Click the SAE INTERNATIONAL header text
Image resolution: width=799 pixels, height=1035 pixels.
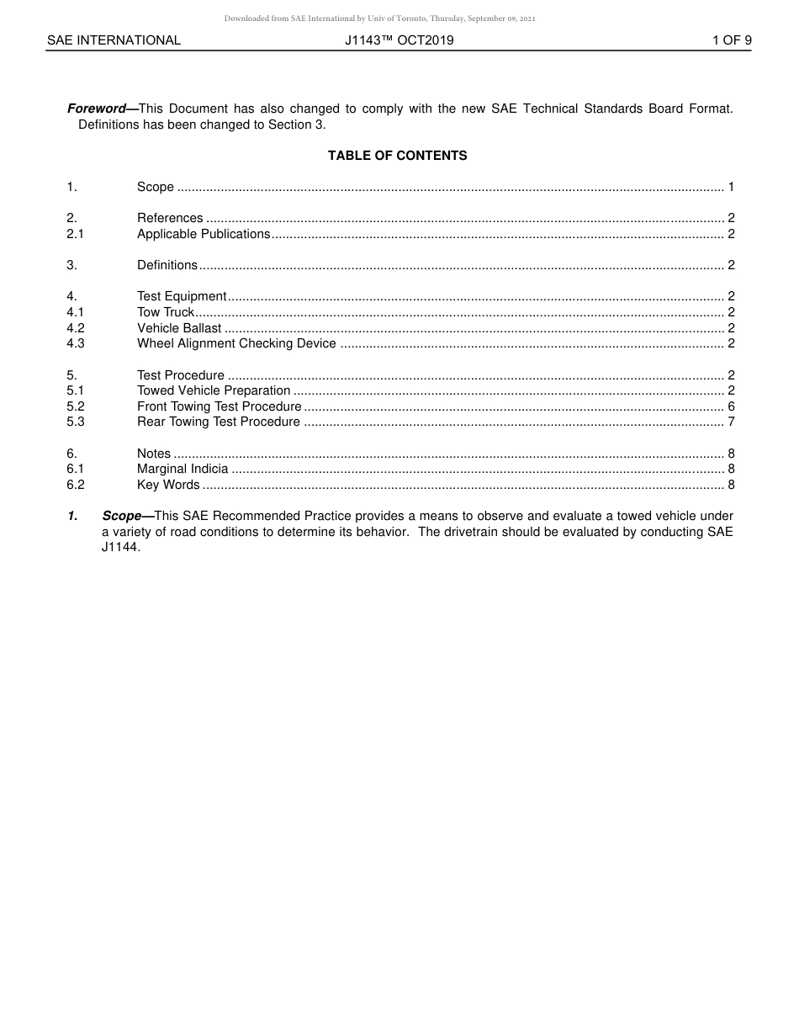click(x=114, y=40)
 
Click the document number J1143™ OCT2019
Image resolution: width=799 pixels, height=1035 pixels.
click(x=399, y=40)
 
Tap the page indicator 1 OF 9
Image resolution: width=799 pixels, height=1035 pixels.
click(x=731, y=40)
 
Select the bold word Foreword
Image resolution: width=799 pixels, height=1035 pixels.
click(x=96, y=109)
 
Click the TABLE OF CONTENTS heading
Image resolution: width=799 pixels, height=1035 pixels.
click(x=397, y=156)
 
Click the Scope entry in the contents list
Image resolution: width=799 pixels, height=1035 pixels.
click(x=156, y=187)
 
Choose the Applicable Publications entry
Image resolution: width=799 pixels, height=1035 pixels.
click(x=204, y=234)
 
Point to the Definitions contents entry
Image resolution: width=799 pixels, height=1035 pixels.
click(x=167, y=265)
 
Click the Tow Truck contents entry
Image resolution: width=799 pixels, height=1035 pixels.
click(x=166, y=312)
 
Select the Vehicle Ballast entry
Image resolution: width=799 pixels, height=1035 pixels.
click(x=179, y=328)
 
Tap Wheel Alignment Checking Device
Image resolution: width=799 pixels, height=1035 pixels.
click(x=236, y=343)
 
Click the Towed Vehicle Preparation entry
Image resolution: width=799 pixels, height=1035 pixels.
click(x=214, y=390)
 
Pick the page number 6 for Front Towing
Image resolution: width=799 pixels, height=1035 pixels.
click(x=731, y=406)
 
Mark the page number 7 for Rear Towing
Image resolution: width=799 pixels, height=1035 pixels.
click(x=731, y=422)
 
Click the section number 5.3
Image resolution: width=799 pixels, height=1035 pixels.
click(x=76, y=422)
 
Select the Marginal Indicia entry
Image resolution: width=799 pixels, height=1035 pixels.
click(x=183, y=469)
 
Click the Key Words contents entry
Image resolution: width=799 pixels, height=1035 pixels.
click(x=168, y=485)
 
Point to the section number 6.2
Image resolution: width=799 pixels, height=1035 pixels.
click(x=76, y=485)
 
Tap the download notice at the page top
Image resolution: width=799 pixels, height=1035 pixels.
click(x=379, y=19)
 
